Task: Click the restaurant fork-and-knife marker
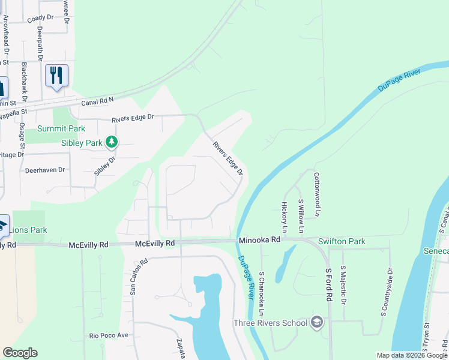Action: point(56,76)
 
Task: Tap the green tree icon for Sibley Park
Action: point(110,142)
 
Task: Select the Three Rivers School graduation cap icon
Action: point(317,323)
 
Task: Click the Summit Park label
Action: point(61,128)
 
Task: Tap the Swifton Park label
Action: point(342,241)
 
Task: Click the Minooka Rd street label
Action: point(259,239)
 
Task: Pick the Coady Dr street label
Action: point(40,19)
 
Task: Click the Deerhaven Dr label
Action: point(44,170)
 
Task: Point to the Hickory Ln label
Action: point(285,217)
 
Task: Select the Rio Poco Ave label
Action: point(109,335)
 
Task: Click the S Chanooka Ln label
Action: point(262,294)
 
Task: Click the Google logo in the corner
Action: point(20,353)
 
